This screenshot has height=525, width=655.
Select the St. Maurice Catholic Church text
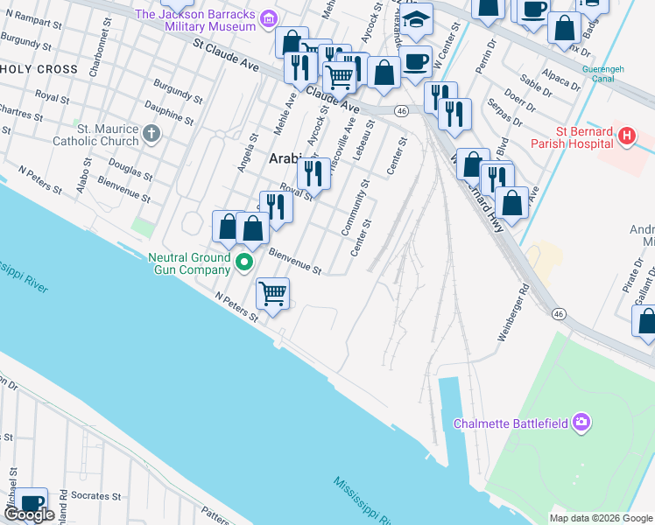click(108, 135)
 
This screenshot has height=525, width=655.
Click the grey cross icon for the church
click(151, 134)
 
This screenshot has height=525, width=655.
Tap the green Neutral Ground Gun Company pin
click(245, 262)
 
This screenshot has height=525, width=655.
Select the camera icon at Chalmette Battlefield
click(581, 423)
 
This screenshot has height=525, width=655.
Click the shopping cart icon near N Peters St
click(273, 293)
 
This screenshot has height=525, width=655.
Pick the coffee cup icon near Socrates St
click(32, 502)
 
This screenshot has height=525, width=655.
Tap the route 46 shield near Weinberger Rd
click(558, 313)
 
